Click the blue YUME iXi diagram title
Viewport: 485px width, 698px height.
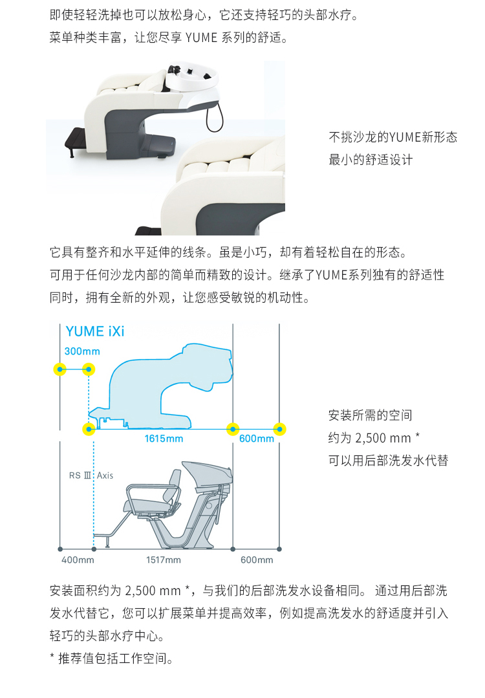(x=95, y=332)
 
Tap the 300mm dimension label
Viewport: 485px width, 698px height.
(x=82, y=351)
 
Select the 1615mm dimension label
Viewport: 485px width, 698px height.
(x=164, y=439)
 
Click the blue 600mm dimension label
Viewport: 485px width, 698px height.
(x=257, y=439)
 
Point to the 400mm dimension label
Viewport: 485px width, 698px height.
(x=78, y=560)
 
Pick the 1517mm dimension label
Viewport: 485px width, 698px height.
(x=164, y=560)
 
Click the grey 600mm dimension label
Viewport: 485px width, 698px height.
(x=257, y=560)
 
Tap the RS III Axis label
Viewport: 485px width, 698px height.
(x=91, y=475)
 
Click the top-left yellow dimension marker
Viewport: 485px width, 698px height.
(x=60, y=369)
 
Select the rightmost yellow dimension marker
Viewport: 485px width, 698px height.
(x=279, y=429)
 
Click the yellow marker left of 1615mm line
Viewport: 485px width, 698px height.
(x=89, y=429)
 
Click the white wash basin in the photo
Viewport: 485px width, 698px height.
(x=193, y=82)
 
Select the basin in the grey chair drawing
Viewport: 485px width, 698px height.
(x=208, y=474)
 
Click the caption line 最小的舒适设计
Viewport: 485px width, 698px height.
(x=371, y=159)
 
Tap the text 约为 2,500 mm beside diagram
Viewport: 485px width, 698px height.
(x=369, y=438)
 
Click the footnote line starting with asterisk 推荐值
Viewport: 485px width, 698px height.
(x=111, y=658)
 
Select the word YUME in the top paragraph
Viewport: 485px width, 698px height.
(x=201, y=38)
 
